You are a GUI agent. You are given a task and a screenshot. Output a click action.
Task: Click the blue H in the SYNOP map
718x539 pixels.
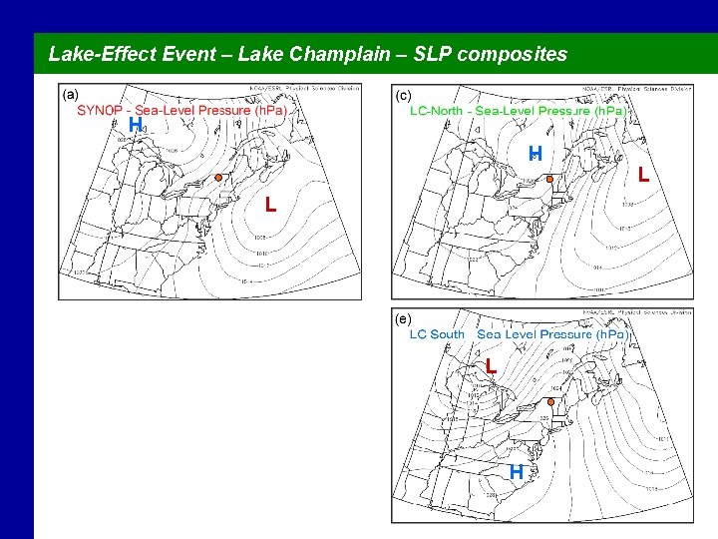135,124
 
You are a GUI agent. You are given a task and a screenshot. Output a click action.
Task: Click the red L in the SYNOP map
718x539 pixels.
270,206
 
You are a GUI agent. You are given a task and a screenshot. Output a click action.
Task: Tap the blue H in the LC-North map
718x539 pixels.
535,153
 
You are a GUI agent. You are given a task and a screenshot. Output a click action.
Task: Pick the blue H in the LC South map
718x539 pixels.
516,471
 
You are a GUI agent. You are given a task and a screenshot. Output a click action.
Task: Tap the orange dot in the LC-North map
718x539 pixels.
547,180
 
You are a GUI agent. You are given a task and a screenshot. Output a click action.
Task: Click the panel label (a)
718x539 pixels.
71,95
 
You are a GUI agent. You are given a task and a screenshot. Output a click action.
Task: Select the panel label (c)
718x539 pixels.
403,96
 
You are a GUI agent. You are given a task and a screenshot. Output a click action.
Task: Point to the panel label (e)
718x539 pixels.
403,318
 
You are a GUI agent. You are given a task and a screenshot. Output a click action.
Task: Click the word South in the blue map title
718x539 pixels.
449,333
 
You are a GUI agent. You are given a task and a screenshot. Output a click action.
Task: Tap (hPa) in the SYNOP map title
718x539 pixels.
269,110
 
